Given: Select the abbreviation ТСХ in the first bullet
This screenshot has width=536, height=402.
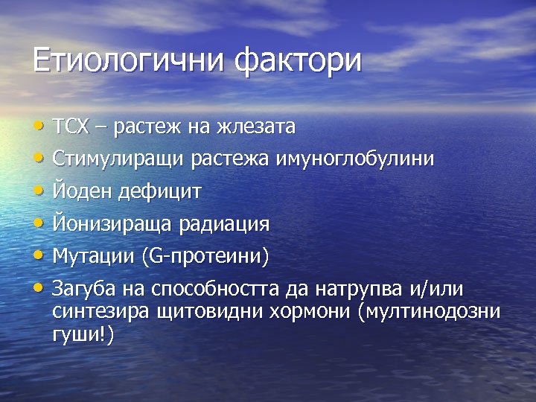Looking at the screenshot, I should [71, 127].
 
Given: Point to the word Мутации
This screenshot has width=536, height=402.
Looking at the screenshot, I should [92, 257].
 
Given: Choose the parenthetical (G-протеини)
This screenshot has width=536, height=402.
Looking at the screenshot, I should [205, 257].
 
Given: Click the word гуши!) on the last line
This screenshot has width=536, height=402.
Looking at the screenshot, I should [83, 335].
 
